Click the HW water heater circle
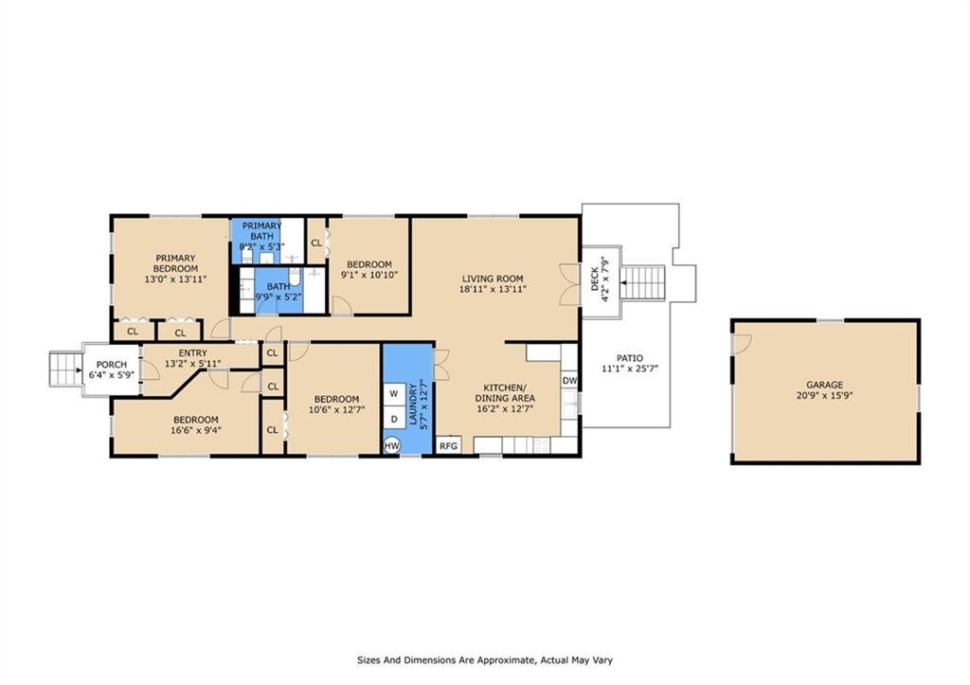(x=391, y=445)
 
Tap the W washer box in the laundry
(x=393, y=393)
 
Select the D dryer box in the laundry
(x=393, y=419)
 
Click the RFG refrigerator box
(x=448, y=445)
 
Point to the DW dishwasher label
(x=569, y=381)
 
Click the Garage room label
(x=824, y=385)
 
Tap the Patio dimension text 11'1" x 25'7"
(x=630, y=369)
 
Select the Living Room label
(x=493, y=279)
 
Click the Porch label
(x=112, y=365)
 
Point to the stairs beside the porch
(x=64, y=370)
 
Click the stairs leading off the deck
(x=643, y=282)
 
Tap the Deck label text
(x=595, y=279)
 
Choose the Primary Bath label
(x=261, y=231)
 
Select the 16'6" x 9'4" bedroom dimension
(x=195, y=430)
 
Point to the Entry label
(x=192, y=353)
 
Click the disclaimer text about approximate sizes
(x=485, y=660)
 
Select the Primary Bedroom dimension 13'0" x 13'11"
(x=175, y=279)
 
